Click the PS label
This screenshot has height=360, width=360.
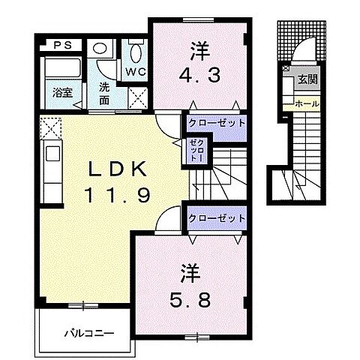pyautogui.click(x=63, y=46)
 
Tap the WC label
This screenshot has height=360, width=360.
pyautogui.click(x=136, y=72)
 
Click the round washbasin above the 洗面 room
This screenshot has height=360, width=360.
pyautogui.click(x=99, y=47)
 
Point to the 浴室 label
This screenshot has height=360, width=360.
pyautogui.click(x=62, y=93)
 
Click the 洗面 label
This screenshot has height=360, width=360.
pyautogui.click(x=104, y=94)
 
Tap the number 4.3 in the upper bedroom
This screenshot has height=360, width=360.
pyautogui.click(x=199, y=76)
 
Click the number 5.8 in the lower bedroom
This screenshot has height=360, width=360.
pyautogui.click(x=190, y=300)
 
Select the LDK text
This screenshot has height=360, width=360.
pyautogui.click(x=117, y=169)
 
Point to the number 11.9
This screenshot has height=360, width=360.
pyautogui.click(x=117, y=195)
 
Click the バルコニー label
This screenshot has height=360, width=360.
pyautogui.click(x=89, y=333)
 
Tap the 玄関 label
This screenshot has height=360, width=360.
pyautogui.click(x=307, y=79)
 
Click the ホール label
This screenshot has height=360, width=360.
pyautogui.click(x=307, y=103)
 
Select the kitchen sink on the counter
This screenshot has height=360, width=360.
pyautogui.click(x=52, y=153)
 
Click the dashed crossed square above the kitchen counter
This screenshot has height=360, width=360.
pyautogui.click(x=51, y=129)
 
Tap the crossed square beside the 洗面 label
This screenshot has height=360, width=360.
pyautogui.click(x=138, y=98)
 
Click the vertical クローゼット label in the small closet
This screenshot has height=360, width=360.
pyautogui.click(x=197, y=151)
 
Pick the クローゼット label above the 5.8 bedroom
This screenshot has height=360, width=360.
pyautogui.click(x=217, y=218)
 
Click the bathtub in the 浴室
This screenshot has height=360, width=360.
pyautogui.click(x=63, y=67)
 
